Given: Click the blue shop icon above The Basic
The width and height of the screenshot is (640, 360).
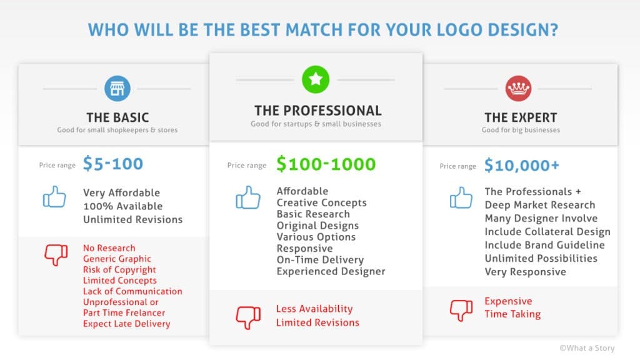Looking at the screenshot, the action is point(117,88).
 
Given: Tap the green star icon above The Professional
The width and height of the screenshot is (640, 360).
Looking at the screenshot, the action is point(316,79).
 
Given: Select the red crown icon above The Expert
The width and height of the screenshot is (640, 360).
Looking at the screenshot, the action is point(518,88).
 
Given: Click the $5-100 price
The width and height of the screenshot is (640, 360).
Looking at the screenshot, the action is point(113,164).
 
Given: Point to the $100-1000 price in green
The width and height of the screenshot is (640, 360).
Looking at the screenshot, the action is point(326,164).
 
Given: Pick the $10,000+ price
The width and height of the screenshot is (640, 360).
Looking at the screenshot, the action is point(522,165).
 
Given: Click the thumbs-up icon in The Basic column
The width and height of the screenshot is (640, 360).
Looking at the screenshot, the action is point(54,197).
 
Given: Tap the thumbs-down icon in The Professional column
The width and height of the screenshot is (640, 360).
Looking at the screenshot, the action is point(248,317).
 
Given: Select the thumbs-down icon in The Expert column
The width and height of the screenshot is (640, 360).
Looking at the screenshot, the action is point(461,310).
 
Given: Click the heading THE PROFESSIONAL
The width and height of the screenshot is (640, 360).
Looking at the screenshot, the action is point(318,111).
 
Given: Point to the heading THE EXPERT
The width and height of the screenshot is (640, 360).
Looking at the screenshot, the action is point(521,117).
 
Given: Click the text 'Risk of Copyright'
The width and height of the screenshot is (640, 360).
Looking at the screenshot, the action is point(119,270).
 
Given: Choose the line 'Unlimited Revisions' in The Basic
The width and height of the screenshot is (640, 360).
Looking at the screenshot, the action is point(133,219).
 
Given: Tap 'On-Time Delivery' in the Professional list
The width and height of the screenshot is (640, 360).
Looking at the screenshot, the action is point(321,260).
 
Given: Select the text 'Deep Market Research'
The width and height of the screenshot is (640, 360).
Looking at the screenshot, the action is point(540,205).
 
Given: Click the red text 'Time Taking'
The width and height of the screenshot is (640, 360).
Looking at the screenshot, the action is point(512,314).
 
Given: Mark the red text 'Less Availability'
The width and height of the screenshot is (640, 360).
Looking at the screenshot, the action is point(314,309).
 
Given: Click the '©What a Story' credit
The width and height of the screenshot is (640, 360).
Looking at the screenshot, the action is point(587,348).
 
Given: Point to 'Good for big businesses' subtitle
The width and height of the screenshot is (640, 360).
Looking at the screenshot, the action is point(521,130).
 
